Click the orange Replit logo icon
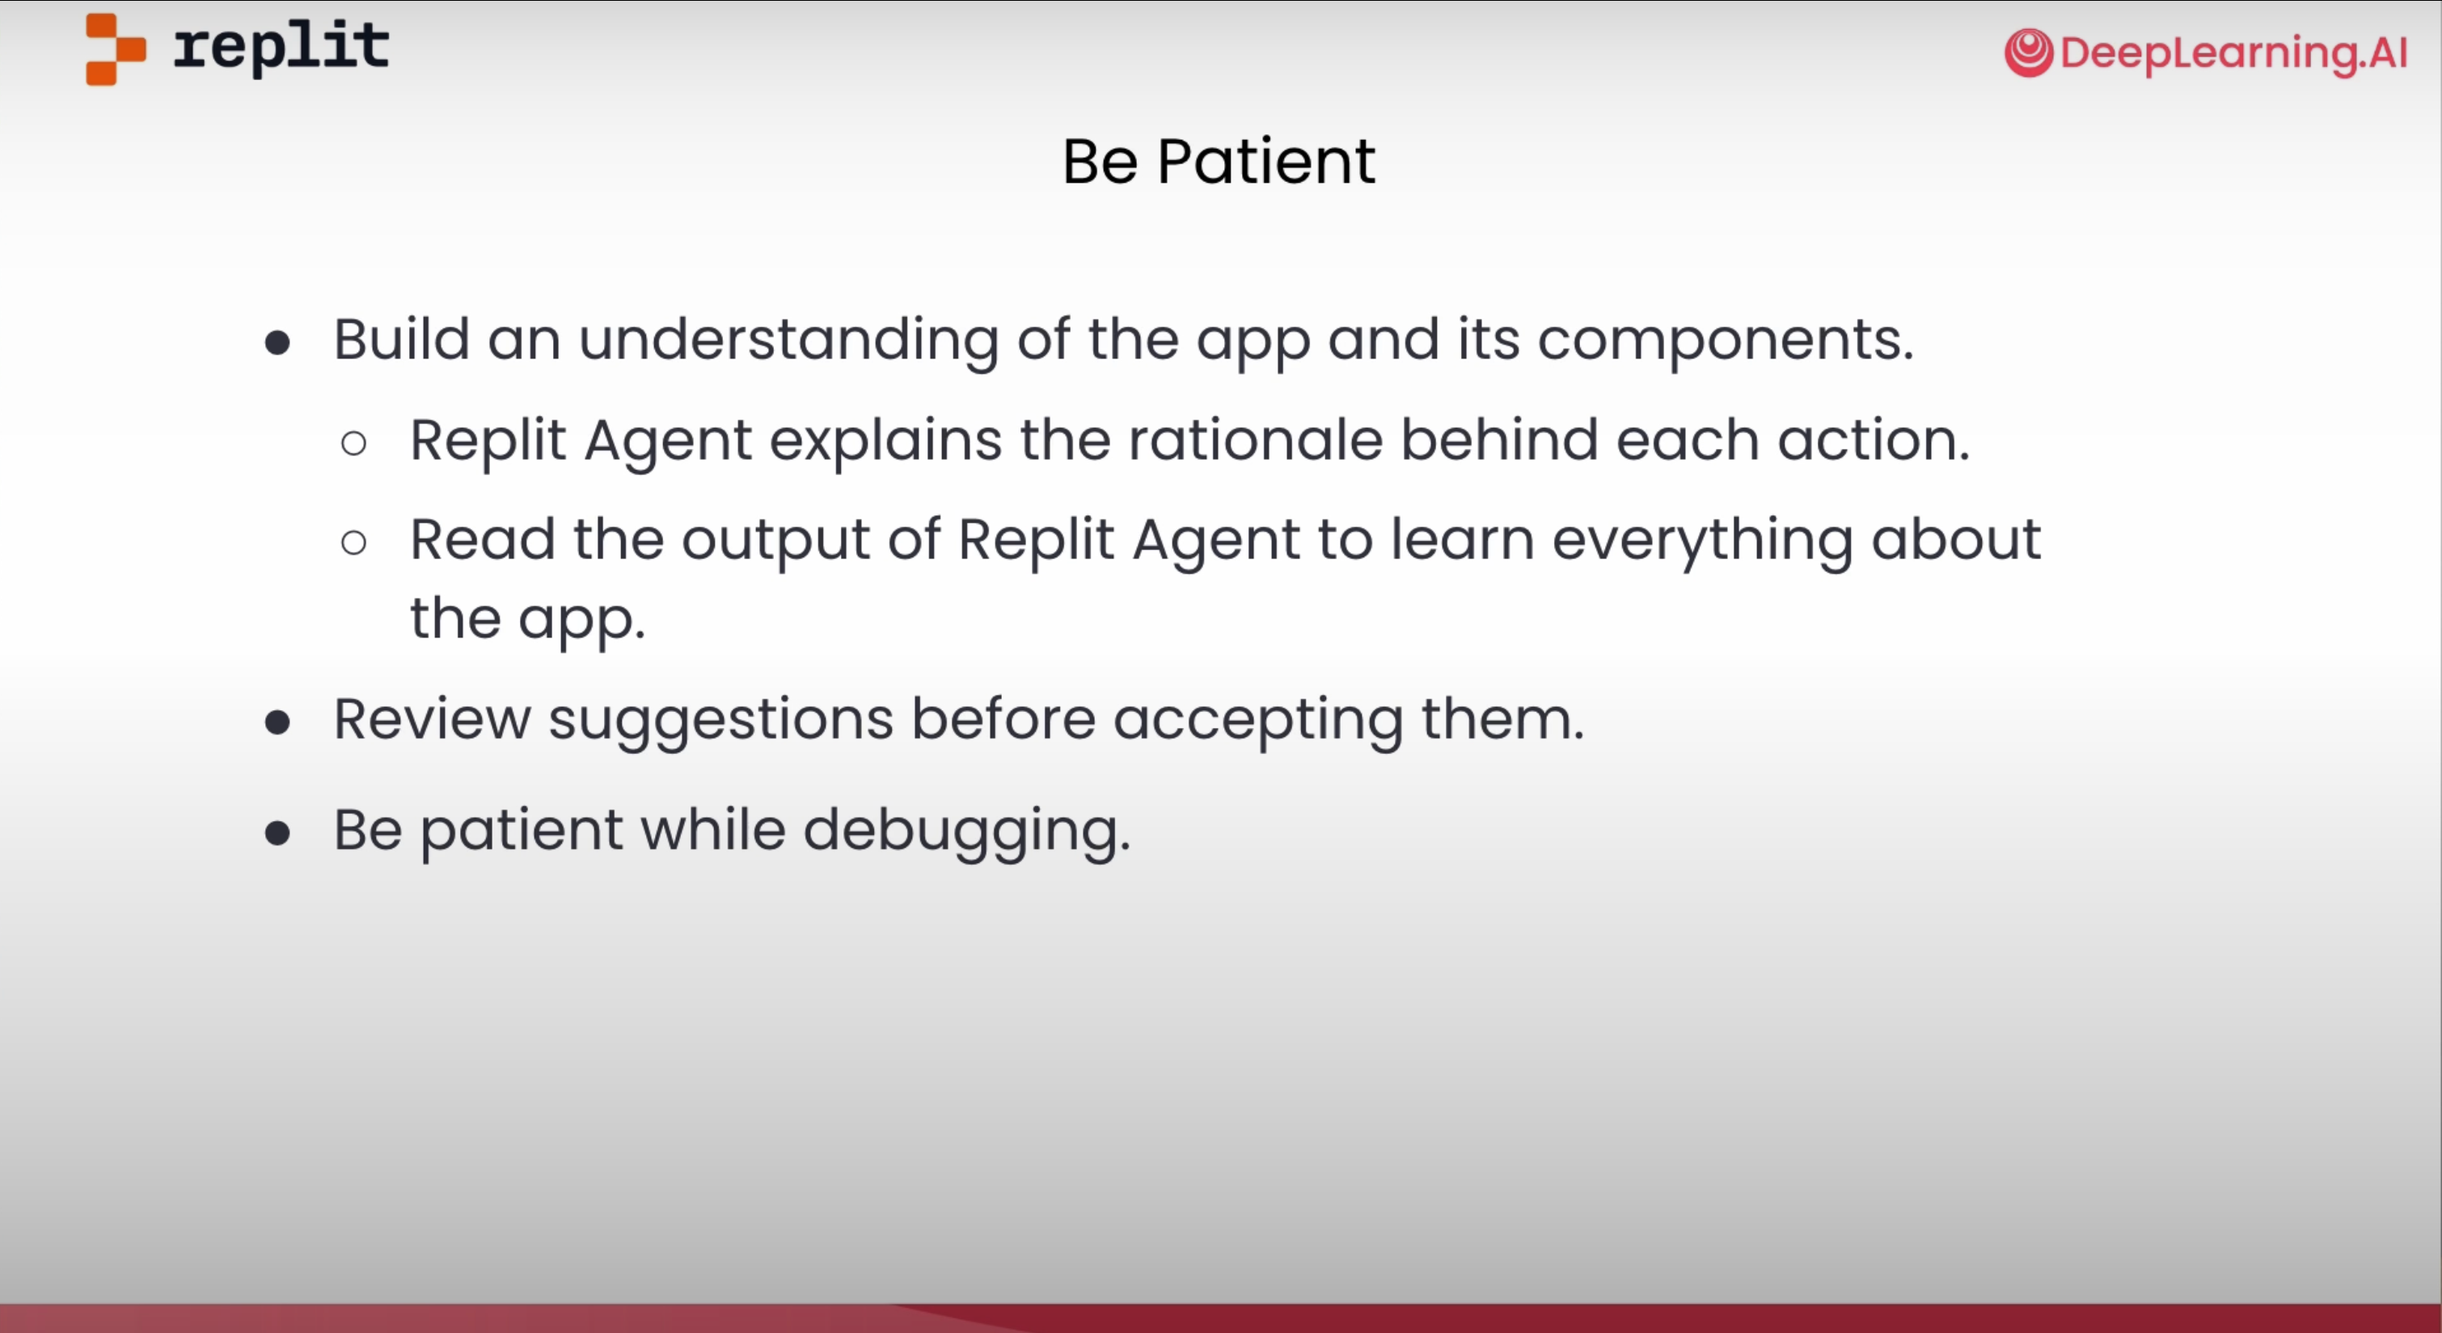point(116,49)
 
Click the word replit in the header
point(281,48)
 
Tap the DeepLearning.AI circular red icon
point(2029,53)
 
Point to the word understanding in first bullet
point(788,340)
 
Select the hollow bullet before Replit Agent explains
point(353,442)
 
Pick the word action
point(1874,440)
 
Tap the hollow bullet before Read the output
point(353,542)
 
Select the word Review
point(433,718)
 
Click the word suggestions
point(721,721)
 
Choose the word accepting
point(1258,721)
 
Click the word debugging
point(967,832)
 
